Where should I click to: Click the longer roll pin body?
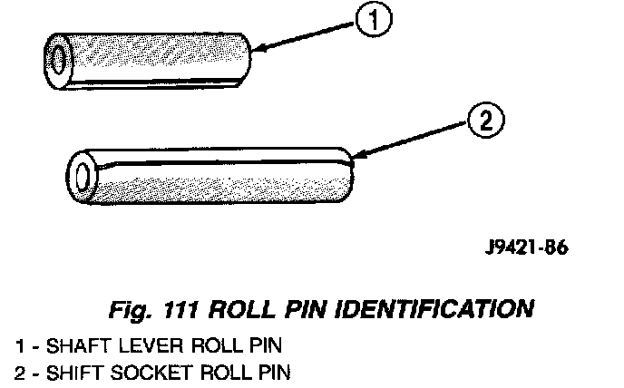(218, 177)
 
